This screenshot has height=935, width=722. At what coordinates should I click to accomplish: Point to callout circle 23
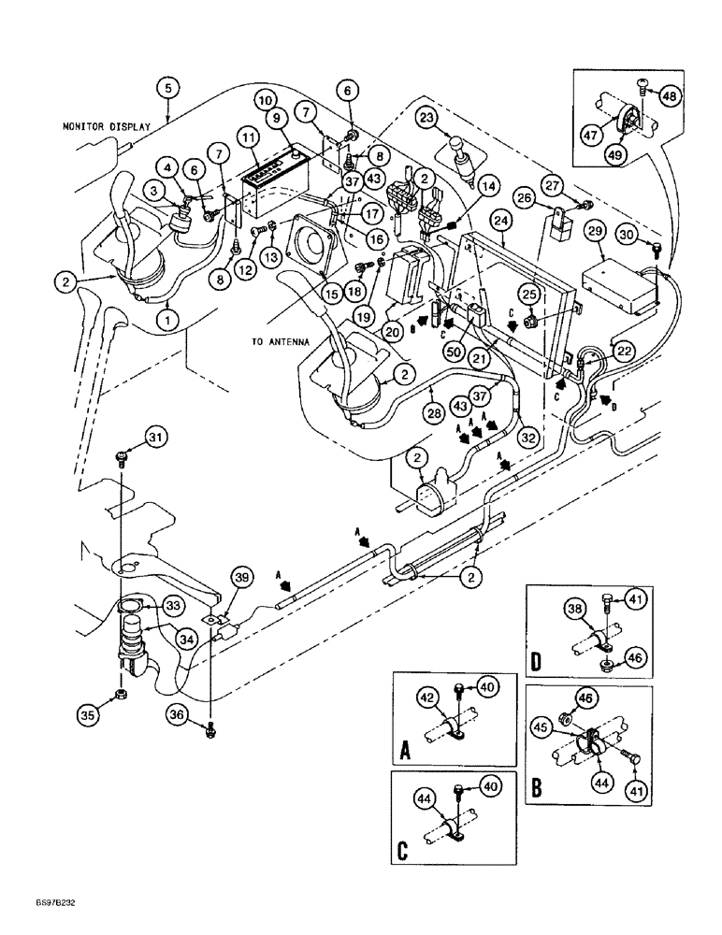pyautogui.click(x=426, y=119)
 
